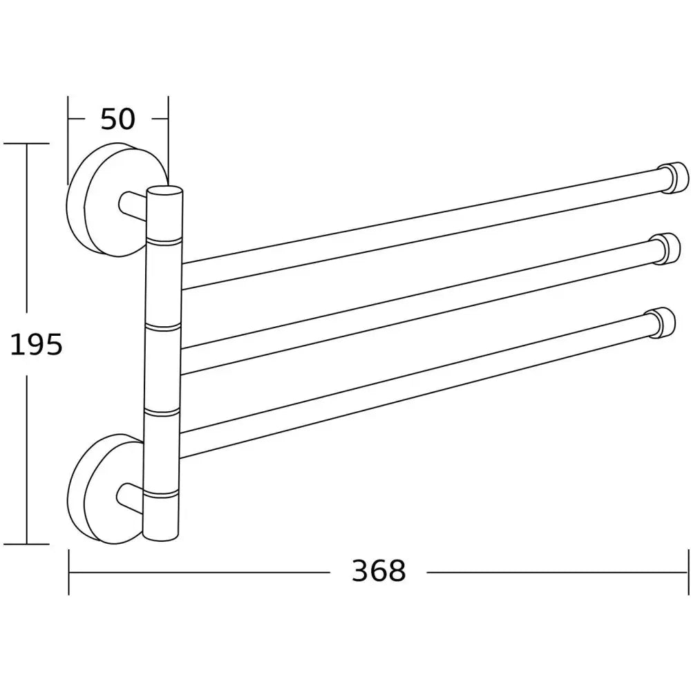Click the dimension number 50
pos(117,120)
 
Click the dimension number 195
pos(36,343)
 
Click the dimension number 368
pos(378,571)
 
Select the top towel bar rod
pos(415,229)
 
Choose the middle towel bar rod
pos(415,301)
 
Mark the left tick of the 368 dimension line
pos(69,571)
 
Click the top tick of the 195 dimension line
pos(27,144)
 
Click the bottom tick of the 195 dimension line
pos(27,544)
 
